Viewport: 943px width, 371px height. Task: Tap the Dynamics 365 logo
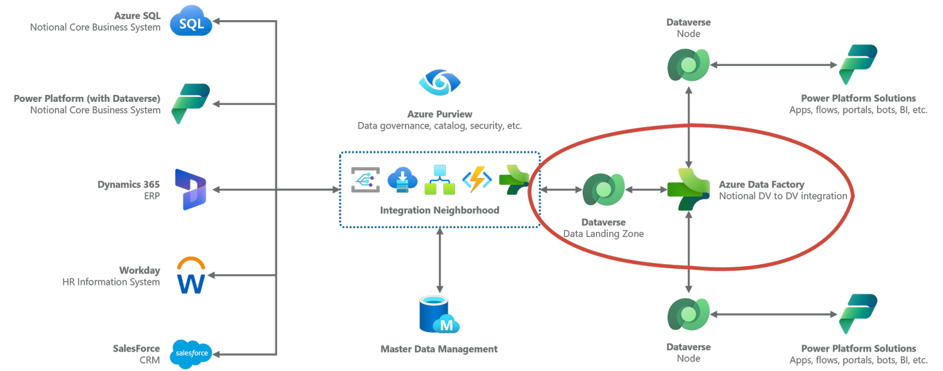click(190, 189)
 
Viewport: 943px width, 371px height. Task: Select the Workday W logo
click(191, 276)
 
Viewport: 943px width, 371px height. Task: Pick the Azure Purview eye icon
click(440, 84)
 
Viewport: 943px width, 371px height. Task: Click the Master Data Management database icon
click(439, 315)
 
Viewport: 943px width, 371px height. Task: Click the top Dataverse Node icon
click(688, 65)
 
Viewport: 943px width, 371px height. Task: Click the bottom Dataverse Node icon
click(688, 314)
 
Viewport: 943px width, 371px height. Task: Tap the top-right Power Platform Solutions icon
click(858, 65)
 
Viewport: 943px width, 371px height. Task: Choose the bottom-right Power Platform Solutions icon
click(858, 314)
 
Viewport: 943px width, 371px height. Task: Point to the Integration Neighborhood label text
click(439, 211)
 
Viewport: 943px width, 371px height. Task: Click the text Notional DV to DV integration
click(783, 197)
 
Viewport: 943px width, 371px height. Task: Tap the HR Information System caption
click(111, 282)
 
